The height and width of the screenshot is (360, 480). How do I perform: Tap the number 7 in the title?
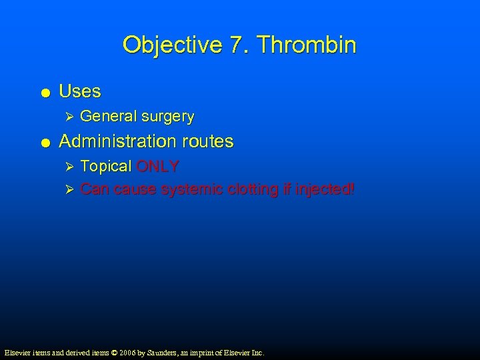(237, 45)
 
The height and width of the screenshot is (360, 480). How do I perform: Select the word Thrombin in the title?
(307, 45)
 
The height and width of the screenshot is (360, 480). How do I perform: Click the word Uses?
(80, 91)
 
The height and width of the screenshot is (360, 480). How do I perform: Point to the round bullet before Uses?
(43, 92)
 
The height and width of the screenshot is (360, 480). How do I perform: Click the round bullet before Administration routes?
(43, 142)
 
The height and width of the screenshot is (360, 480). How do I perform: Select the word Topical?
(105, 166)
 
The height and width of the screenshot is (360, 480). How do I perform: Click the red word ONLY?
(157, 166)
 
